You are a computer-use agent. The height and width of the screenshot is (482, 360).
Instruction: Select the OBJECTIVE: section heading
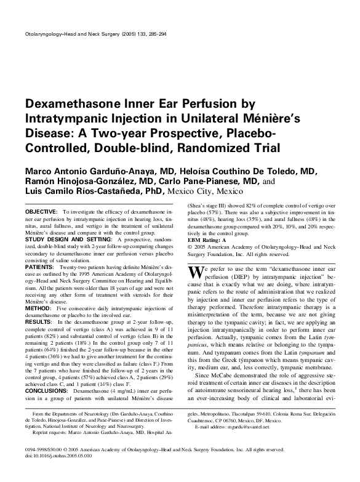(x=41, y=211)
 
